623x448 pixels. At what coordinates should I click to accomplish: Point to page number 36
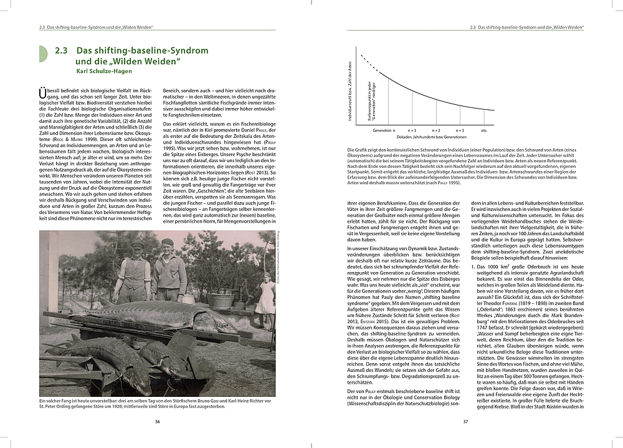(158, 421)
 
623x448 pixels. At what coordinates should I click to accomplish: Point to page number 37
(465, 421)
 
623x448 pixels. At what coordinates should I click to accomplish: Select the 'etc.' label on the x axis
(484, 130)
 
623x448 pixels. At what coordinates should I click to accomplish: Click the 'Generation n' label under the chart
(384, 130)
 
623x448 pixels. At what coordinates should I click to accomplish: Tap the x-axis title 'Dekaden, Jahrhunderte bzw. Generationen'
(430, 137)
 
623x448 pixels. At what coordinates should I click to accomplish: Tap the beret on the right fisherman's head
(167, 241)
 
